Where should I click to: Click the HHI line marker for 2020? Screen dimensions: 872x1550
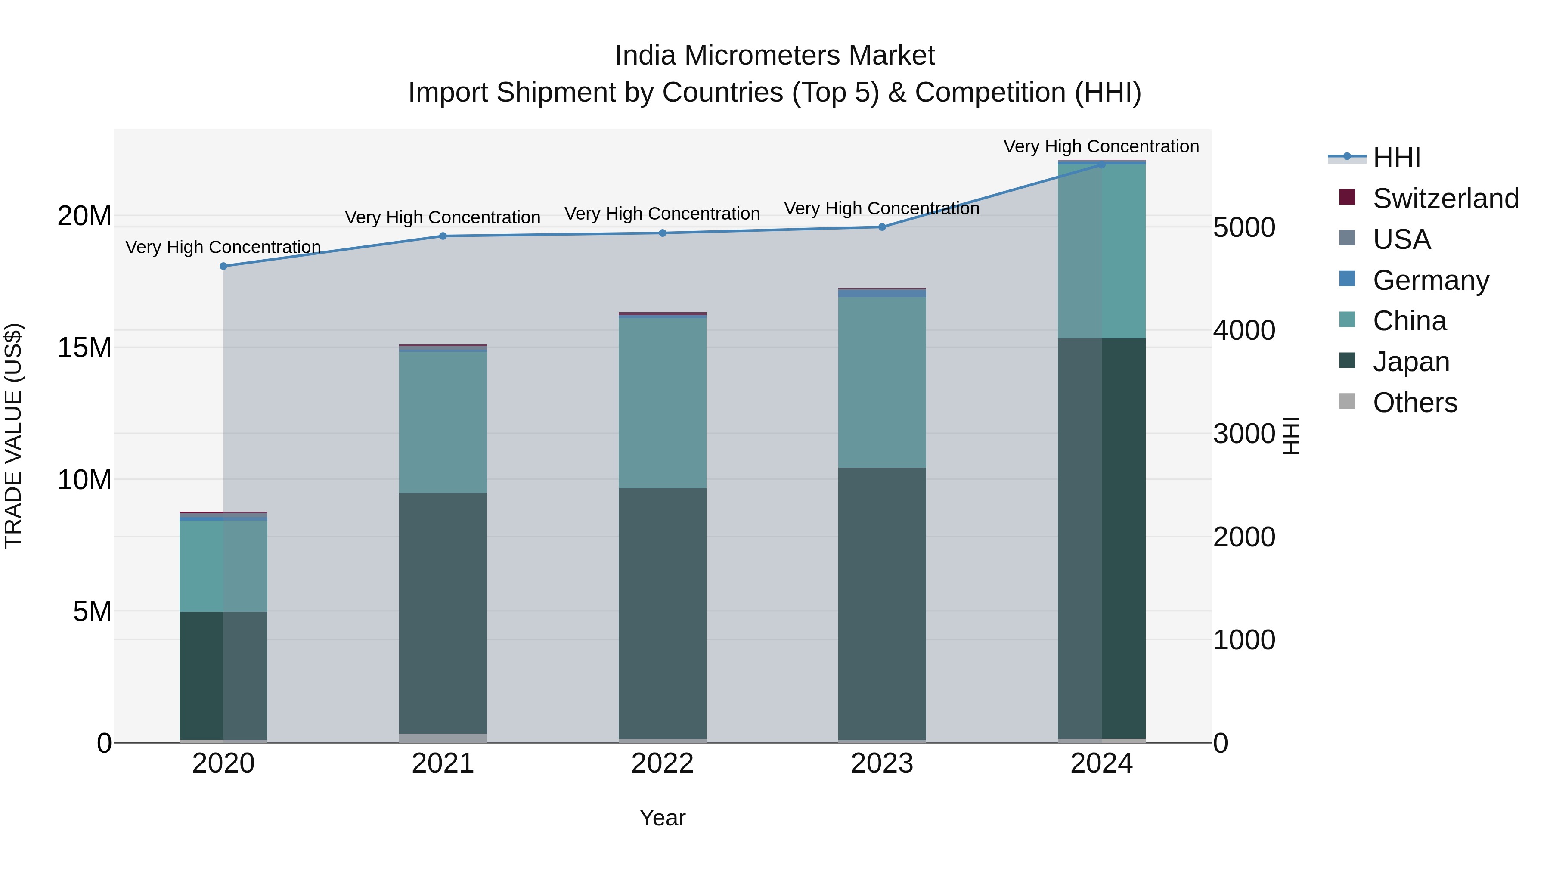223,266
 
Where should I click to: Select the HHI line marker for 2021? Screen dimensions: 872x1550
443,236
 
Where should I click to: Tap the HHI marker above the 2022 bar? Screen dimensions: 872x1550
663,233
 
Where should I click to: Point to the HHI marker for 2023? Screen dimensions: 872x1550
882,227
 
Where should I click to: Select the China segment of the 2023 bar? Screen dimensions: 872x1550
882,382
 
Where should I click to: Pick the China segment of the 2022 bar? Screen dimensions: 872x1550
663,403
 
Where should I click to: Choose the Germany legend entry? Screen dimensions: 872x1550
1430,280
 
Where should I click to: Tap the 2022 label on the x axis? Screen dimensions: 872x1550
663,763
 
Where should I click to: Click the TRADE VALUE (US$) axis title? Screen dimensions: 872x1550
13,436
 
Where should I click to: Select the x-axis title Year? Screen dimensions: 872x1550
663,818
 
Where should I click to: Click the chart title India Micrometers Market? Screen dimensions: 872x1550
775,56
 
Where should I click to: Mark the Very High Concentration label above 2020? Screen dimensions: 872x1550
223,247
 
